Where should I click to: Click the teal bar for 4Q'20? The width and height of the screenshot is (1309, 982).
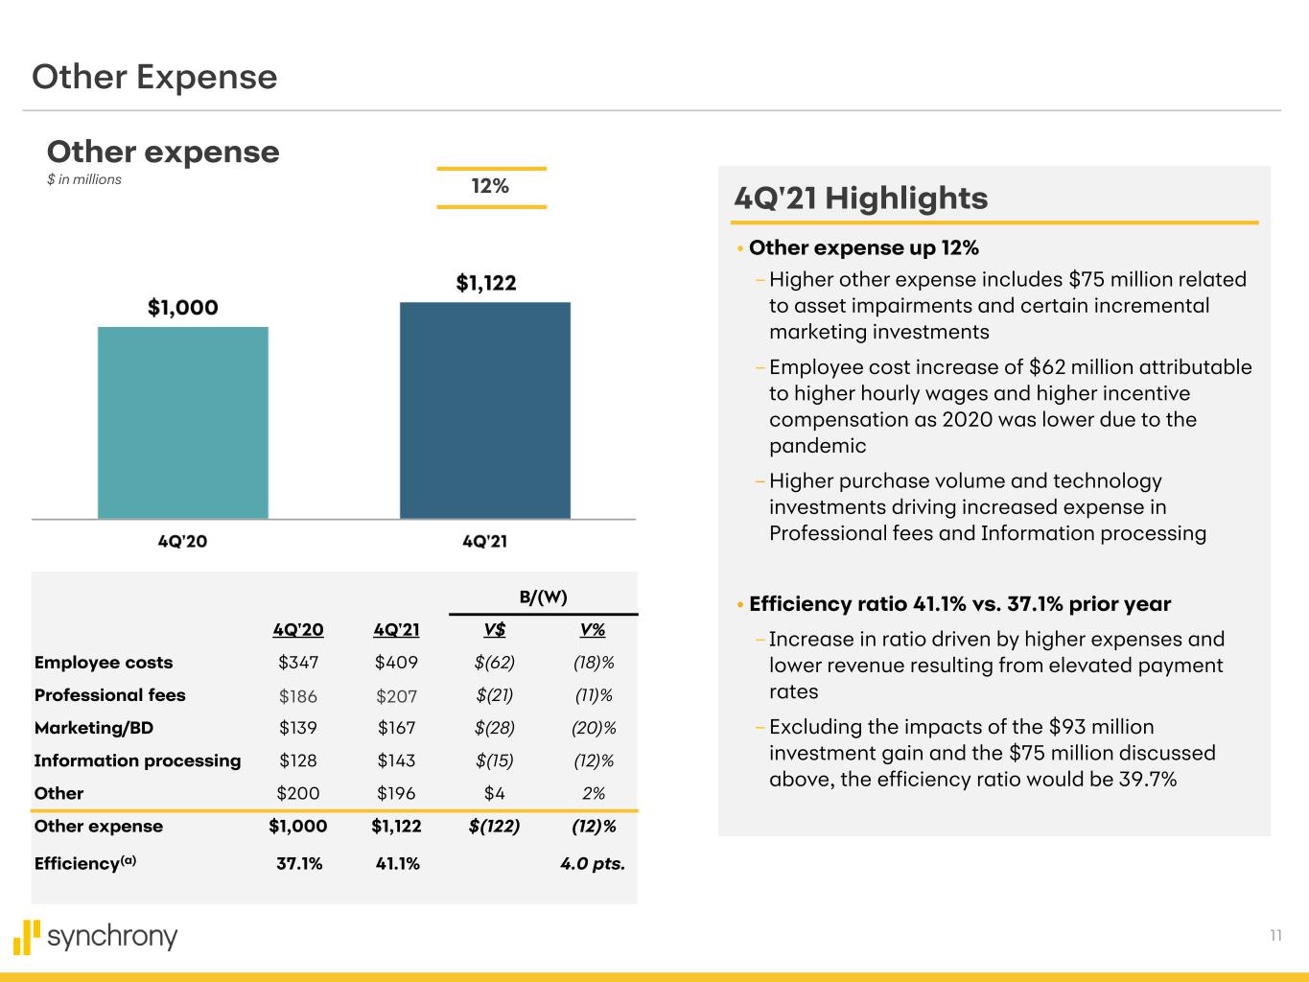pyautogui.click(x=182, y=423)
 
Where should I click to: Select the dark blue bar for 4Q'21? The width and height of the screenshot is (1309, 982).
pyautogui.click(x=484, y=410)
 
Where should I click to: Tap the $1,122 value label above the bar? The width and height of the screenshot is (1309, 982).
pyautogui.click(x=485, y=283)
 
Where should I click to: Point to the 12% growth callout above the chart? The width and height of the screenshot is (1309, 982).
pyautogui.click(x=490, y=187)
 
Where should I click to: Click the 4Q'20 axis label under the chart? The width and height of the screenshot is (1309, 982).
pyautogui.click(x=182, y=542)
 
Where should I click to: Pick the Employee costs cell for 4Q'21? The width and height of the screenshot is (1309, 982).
pyautogui.click(x=396, y=663)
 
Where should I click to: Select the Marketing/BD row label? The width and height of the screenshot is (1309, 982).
pyautogui.click(x=94, y=728)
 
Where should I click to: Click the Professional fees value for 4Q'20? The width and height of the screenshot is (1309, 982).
pyautogui.click(x=297, y=696)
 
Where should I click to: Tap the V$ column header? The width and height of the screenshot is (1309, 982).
pyautogui.click(x=495, y=630)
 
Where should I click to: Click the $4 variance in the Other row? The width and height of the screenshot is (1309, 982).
pyautogui.click(x=495, y=794)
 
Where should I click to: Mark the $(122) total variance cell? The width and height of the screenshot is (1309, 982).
pyautogui.click(x=494, y=827)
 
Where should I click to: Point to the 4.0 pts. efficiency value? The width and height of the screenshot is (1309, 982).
pyautogui.click(x=592, y=864)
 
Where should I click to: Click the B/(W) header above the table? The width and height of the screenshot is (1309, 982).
pyautogui.click(x=543, y=596)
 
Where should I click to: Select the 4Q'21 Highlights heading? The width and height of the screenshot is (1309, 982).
pyautogui.click(x=860, y=199)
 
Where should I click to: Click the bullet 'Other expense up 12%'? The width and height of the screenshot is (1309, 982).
pyautogui.click(x=863, y=248)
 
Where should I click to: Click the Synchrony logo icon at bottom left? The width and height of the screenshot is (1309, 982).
pyautogui.click(x=27, y=937)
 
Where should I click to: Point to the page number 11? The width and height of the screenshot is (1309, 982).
pyautogui.click(x=1275, y=936)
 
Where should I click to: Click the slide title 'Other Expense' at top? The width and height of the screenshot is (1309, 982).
pyautogui.click(x=154, y=77)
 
